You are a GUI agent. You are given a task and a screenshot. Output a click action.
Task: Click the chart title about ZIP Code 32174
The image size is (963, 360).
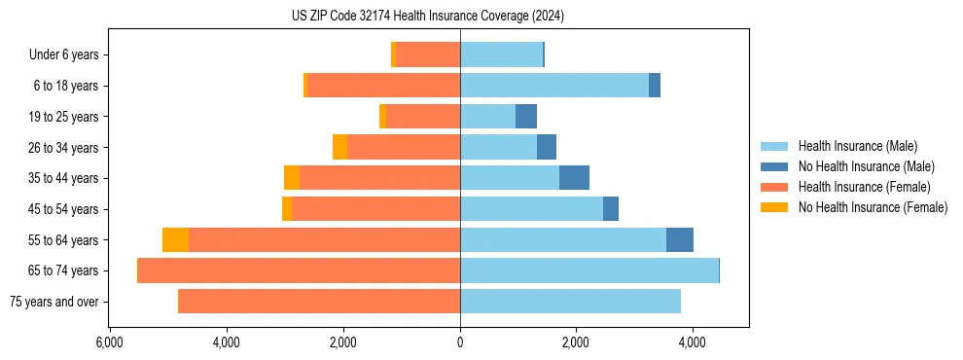point(427,17)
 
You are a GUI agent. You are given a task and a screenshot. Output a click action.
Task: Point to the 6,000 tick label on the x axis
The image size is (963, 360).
point(109,342)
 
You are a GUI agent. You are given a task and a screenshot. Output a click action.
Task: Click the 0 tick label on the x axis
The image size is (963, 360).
point(460,342)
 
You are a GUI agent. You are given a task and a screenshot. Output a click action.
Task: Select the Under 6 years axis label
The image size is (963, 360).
point(64,55)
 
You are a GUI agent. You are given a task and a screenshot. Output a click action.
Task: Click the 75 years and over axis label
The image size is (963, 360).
point(54,302)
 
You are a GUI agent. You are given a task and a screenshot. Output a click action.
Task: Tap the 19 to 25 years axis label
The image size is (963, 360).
point(64,117)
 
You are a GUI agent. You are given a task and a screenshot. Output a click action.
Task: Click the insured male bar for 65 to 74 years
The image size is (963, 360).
point(588,270)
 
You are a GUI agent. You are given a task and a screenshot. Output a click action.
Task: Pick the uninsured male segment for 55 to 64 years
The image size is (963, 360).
point(680,240)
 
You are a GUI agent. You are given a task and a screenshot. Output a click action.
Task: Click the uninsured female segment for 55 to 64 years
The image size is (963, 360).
point(175,240)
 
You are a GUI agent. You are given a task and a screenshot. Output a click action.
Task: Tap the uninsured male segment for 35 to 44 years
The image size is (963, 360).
point(574,178)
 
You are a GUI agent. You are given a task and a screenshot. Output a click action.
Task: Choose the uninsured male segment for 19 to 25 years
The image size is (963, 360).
point(526,117)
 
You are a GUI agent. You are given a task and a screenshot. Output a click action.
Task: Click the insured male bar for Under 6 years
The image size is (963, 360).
point(501,55)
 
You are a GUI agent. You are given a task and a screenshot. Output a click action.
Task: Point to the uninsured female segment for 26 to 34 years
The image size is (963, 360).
point(339,147)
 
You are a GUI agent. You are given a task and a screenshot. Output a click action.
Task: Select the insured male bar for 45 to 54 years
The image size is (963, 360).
point(531,209)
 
